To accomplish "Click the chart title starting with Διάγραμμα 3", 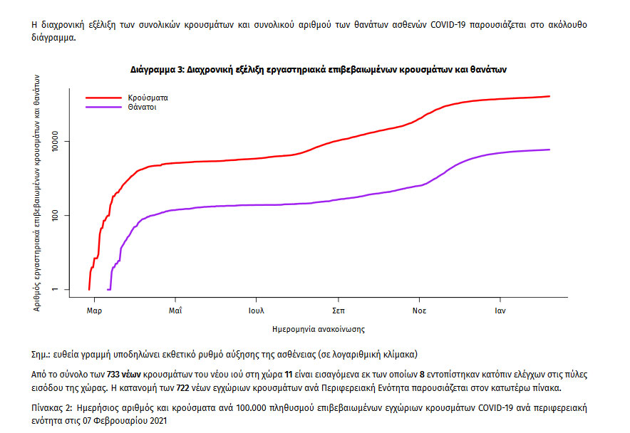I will (319, 70).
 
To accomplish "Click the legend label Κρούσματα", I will (148, 96).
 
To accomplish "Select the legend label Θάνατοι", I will (143, 107).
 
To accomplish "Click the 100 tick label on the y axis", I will (61, 216).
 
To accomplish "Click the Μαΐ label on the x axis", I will (175, 311).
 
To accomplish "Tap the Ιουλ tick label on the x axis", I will (257, 311).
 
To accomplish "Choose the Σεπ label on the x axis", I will (339, 311).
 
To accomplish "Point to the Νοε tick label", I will (419, 311).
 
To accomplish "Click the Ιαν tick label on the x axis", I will (501, 311).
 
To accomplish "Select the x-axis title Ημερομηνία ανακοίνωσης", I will (319, 330).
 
